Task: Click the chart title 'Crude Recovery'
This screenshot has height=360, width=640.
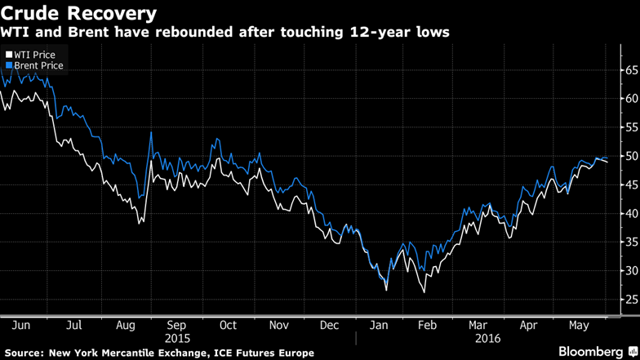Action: coord(78,13)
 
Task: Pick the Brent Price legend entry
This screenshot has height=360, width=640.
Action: coord(36,65)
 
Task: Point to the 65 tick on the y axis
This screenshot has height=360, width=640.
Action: coord(630,70)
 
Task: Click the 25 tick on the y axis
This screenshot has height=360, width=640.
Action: coord(630,300)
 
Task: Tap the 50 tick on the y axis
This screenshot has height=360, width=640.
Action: coord(630,156)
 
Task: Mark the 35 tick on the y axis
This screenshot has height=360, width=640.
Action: coord(630,242)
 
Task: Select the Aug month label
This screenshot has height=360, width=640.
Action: coord(125,325)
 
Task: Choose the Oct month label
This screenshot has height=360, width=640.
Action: coord(227,325)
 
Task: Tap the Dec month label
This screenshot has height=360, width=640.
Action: coord(329,325)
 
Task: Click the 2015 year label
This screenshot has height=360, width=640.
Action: coord(177,336)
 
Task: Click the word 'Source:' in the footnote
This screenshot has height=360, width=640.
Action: coord(24,352)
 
